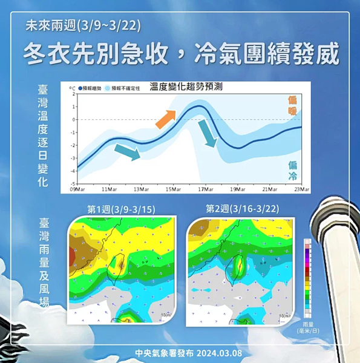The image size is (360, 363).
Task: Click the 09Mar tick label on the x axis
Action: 77,189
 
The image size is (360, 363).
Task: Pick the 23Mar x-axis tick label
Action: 301,189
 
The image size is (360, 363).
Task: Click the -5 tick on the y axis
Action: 73,183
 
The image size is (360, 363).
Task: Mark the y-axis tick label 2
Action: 73,94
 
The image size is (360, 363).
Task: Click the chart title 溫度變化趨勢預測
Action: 186,87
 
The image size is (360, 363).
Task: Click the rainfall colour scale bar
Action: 307,278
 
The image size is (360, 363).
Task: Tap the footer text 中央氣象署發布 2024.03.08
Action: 180,352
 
